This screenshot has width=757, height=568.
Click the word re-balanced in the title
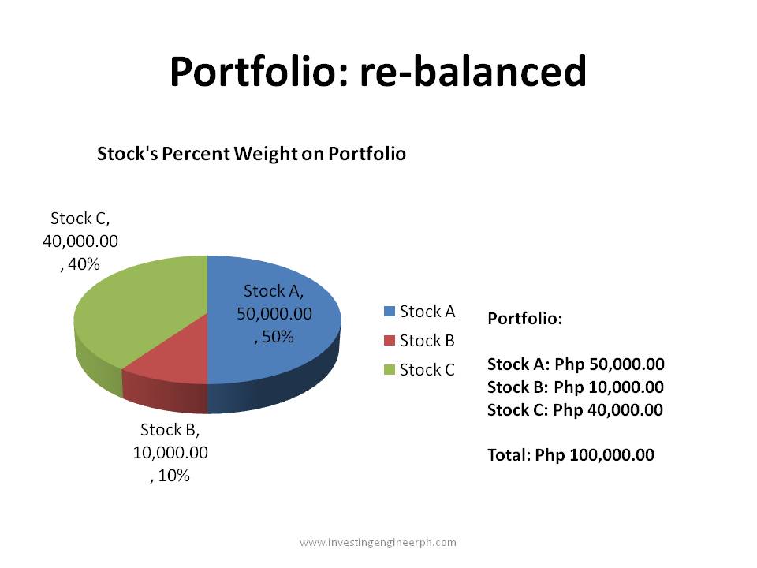click(x=473, y=73)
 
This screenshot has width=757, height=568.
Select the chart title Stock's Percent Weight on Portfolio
click(x=251, y=154)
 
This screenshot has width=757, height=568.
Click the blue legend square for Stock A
click(x=389, y=312)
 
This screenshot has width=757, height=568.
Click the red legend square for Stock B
click(x=389, y=341)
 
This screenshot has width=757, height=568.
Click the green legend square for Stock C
click(x=389, y=370)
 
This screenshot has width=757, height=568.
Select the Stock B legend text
click(x=427, y=341)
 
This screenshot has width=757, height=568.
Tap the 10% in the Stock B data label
click(x=174, y=476)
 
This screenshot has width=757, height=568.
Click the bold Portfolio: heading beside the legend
click(x=525, y=319)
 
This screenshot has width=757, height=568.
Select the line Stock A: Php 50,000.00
click(x=576, y=364)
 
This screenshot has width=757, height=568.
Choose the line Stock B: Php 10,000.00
click(x=576, y=387)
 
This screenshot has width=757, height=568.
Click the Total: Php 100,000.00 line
click(x=571, y=455)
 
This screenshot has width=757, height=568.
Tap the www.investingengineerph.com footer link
click(x=378, y=542)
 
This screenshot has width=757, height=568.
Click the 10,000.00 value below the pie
click(x=170, y=453)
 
